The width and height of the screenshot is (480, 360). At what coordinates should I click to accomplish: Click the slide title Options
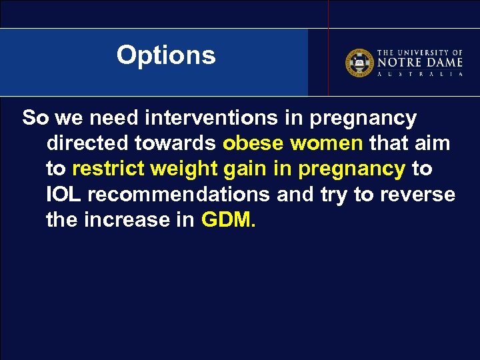point(166,55)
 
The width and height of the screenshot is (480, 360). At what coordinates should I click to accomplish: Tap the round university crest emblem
point(359,62)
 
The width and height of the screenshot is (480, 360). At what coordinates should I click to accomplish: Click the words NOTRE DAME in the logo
point(420,62)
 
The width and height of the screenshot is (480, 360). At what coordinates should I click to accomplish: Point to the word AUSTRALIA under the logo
point(420,74)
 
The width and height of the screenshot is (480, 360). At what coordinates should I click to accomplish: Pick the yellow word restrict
point(108,169)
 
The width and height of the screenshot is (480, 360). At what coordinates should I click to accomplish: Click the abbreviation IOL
point(63,195)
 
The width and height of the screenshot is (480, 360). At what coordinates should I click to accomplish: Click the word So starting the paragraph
point(35,119)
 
